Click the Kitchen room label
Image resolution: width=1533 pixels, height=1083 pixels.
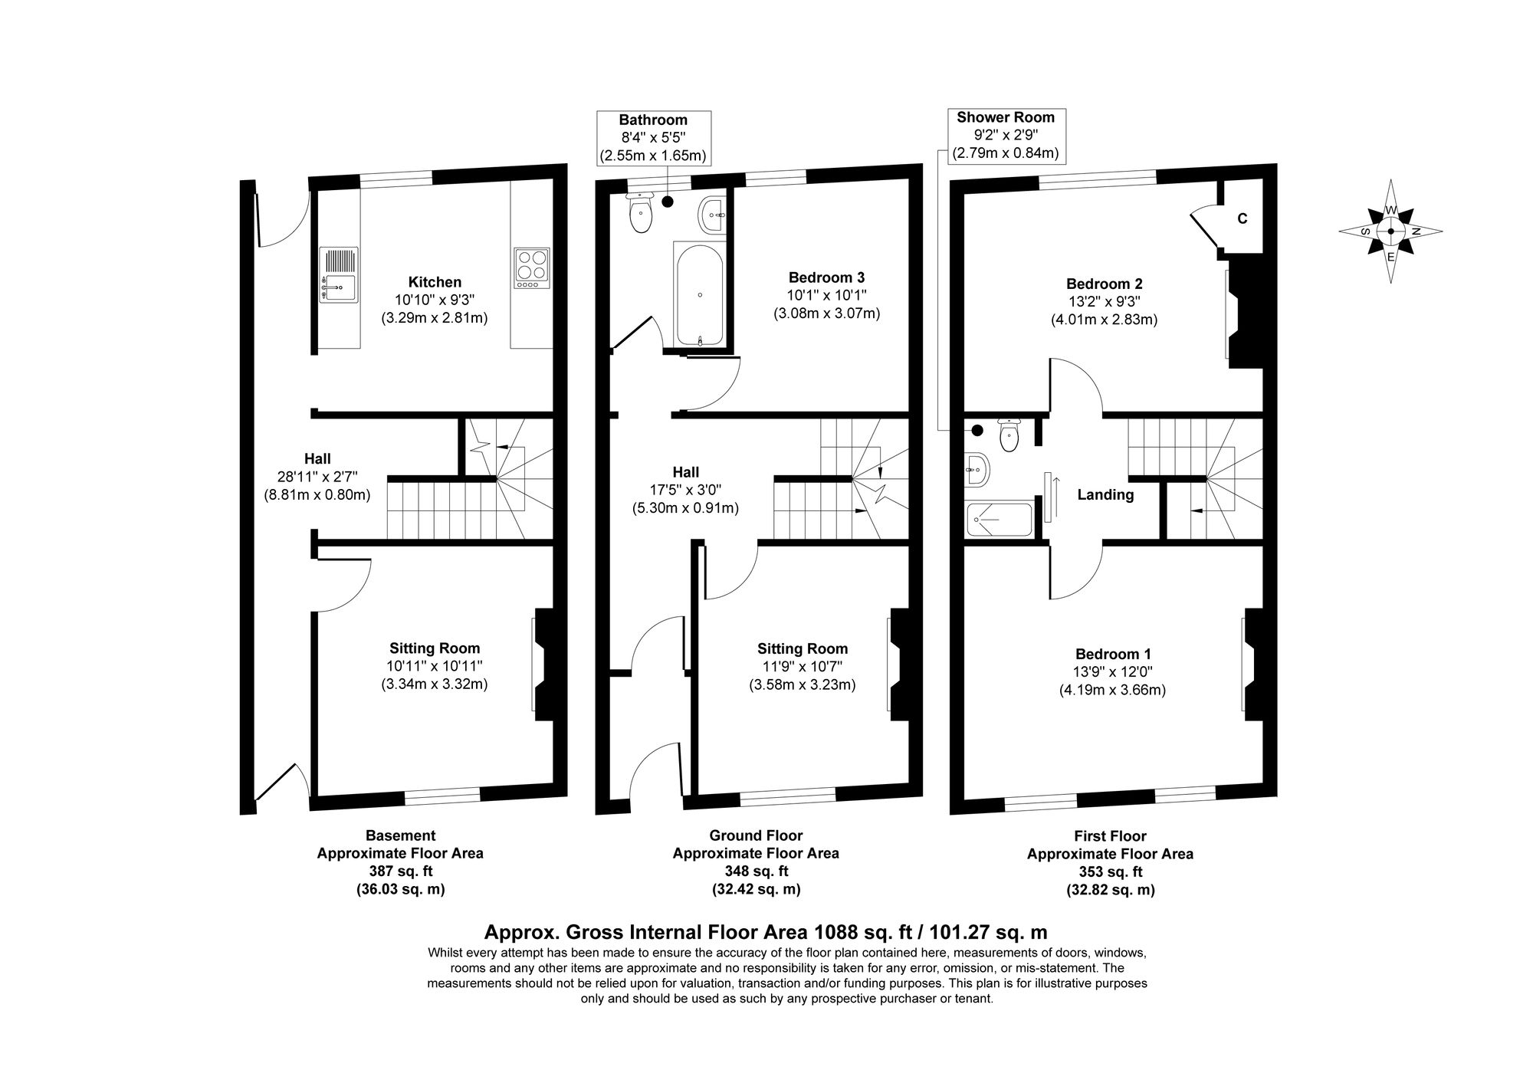pos(435,282)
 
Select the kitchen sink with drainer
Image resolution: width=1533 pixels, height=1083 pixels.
pos(338,275)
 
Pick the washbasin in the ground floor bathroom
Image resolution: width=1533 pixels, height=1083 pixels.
pos(712,214)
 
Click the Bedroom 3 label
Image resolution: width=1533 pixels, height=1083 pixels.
pos(826,277)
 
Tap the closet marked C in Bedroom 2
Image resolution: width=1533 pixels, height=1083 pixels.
pos(1242,218)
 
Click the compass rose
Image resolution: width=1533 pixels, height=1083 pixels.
pos(1390,231)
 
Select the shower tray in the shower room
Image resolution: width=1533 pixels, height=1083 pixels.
pos(998,520)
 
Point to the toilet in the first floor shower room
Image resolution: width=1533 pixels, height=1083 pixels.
pos(1009,436)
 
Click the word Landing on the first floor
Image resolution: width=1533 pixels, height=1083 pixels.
pos(1105,495)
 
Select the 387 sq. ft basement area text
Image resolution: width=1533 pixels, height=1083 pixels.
pos(400,871)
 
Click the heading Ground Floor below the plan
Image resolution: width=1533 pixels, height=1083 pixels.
pos(756,835)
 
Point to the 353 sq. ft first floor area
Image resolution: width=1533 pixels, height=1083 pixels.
pos(1110,871)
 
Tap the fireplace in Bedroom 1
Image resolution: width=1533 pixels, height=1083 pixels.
pos(1252,665)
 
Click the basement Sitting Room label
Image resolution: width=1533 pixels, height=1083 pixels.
pos(435,648)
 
